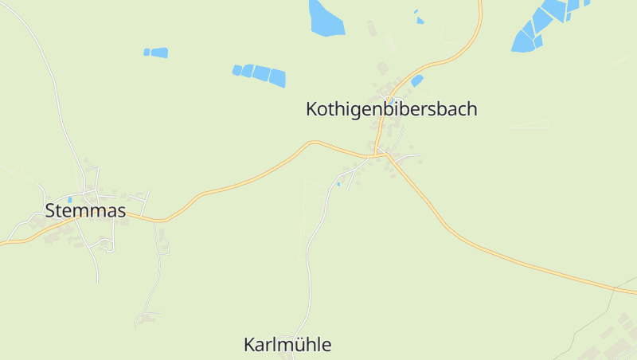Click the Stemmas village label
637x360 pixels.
pos(86,211)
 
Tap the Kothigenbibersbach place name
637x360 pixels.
pos(391,109)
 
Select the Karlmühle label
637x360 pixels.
pos(287,345)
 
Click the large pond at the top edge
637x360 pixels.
pos(325,18)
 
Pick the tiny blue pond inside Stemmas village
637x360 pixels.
pos(70,200)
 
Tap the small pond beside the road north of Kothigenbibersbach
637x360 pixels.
pos(417,80)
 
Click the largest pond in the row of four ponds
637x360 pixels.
pos(276,77)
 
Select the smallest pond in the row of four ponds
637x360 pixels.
pos(236,70)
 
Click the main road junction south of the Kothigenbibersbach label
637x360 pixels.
pos(381,154)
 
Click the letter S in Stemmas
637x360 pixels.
pos(52,211)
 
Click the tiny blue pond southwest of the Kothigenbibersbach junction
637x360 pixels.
pos(338,184)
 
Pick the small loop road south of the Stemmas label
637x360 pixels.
pos(107,247)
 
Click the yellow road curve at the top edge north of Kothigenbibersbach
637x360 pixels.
pos(479,32)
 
